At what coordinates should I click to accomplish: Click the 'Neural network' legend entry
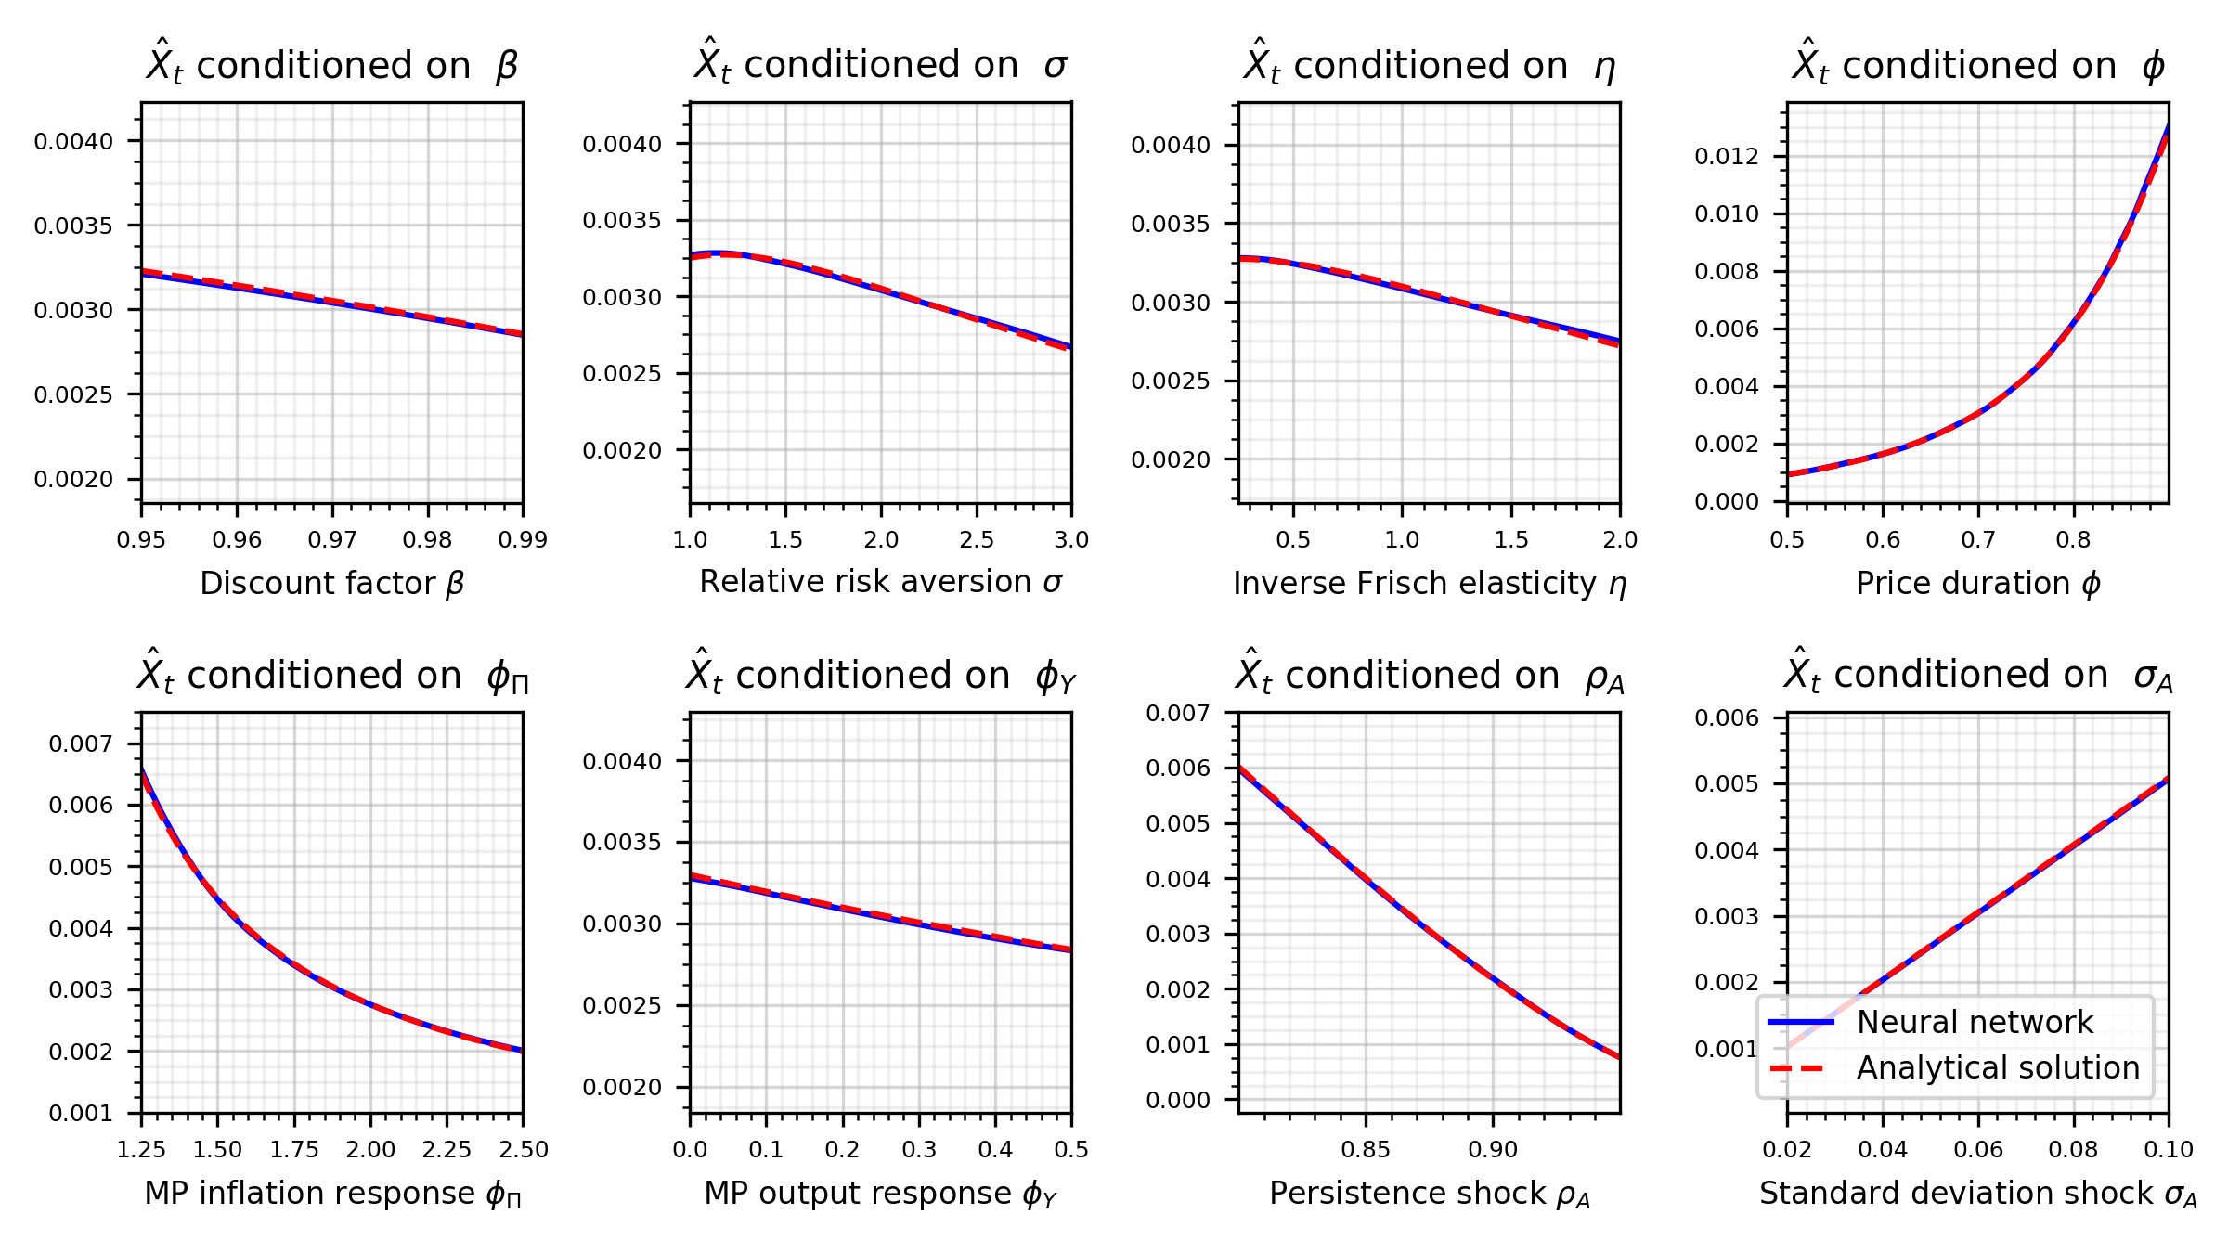[x=1975, y=1022]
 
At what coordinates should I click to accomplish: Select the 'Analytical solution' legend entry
[x=1998, y=1067]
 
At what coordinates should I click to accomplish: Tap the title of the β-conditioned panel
[x=331, y=64]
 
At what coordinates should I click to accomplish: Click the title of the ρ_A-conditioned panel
[x=1430, y=675]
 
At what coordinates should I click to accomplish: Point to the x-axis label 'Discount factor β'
[x=331, y=583]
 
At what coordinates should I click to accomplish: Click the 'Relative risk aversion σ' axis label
[x=880, y=581]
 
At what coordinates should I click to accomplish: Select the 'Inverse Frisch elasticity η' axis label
[x=1430, y=583]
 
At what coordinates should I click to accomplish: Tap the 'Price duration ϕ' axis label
[x=1977, y=583]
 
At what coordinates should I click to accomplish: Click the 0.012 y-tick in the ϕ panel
[x=1727, y=156]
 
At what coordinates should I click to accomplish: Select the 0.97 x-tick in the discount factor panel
[x=332, y=539]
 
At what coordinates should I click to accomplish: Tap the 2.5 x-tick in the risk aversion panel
[x=977, y=539]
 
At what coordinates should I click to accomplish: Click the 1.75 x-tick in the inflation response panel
[x=294, y=1149]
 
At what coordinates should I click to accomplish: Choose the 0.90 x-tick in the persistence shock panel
[x=1493, y=1149]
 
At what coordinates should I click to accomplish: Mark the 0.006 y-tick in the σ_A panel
[x=1727, y=717]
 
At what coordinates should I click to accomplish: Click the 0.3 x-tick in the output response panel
[x=919, y=1149]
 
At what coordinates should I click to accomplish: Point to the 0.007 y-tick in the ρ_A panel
[x=1178, y=713]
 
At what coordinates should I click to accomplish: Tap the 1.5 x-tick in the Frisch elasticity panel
[x=1511, y=539]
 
